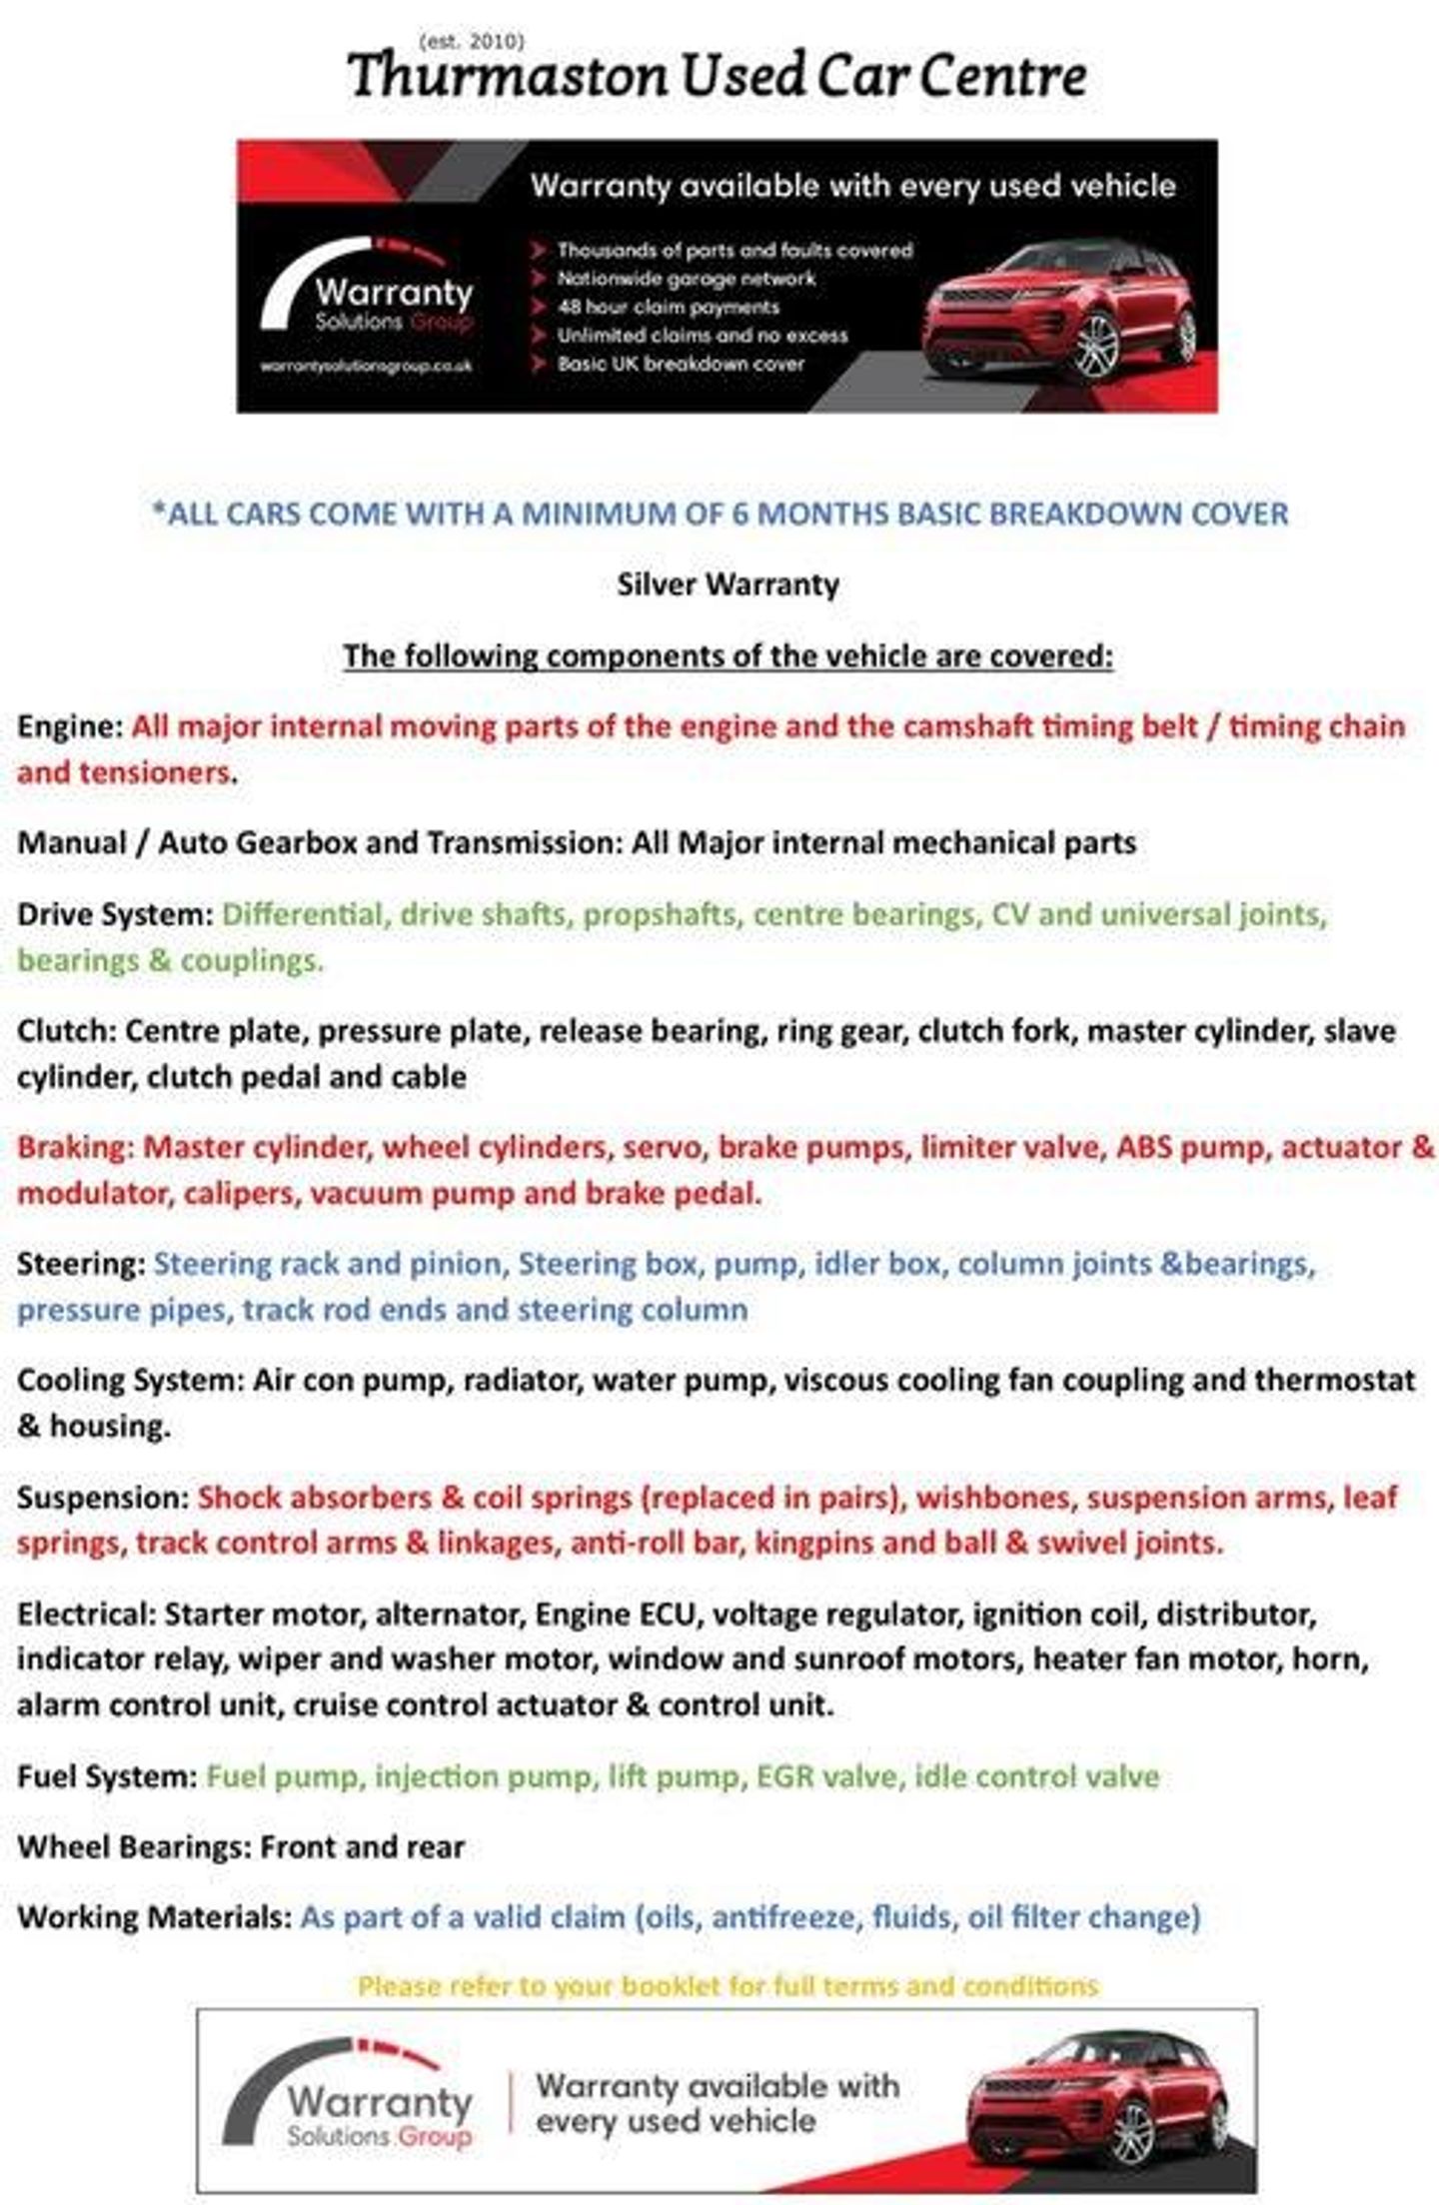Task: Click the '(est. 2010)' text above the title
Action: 472,41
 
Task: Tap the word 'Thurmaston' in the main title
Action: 507,76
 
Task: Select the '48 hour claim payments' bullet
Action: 668,307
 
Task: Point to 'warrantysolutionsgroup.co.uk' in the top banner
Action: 366,367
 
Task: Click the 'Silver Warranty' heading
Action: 727,584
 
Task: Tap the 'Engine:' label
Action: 70,726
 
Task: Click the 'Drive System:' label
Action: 115,914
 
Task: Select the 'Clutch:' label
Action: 66,1031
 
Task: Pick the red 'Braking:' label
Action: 75,1147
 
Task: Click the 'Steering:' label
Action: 81,1264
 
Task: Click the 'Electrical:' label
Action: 86,1615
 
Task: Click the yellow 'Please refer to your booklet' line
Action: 727,1985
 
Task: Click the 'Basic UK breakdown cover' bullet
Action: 681,364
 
